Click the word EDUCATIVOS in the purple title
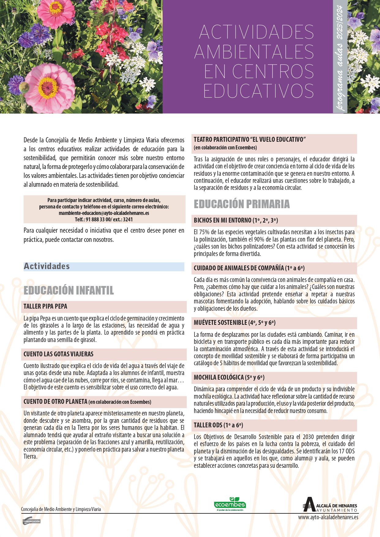258,90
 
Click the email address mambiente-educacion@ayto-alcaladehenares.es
104,213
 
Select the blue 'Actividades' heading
47,266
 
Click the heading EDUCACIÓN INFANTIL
69,290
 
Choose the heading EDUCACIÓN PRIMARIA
242,204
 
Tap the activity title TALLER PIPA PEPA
45,306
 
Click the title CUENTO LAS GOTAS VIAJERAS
58,354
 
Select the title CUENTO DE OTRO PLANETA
55,402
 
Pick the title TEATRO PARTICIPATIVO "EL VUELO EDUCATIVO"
250,140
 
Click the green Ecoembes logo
230,504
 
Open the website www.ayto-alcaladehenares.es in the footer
328,517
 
